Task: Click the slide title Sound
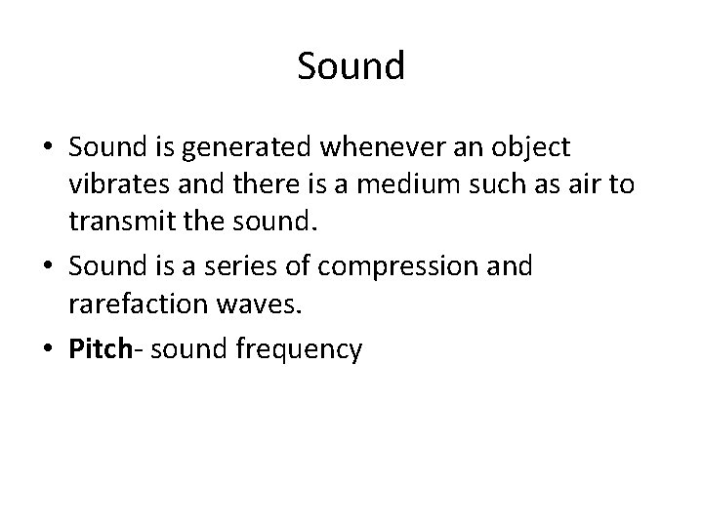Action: coord(351,66)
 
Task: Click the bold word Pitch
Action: coord(99,349)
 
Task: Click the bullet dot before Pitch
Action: coord(50,349)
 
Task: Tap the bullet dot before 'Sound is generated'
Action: coord(50,148)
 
